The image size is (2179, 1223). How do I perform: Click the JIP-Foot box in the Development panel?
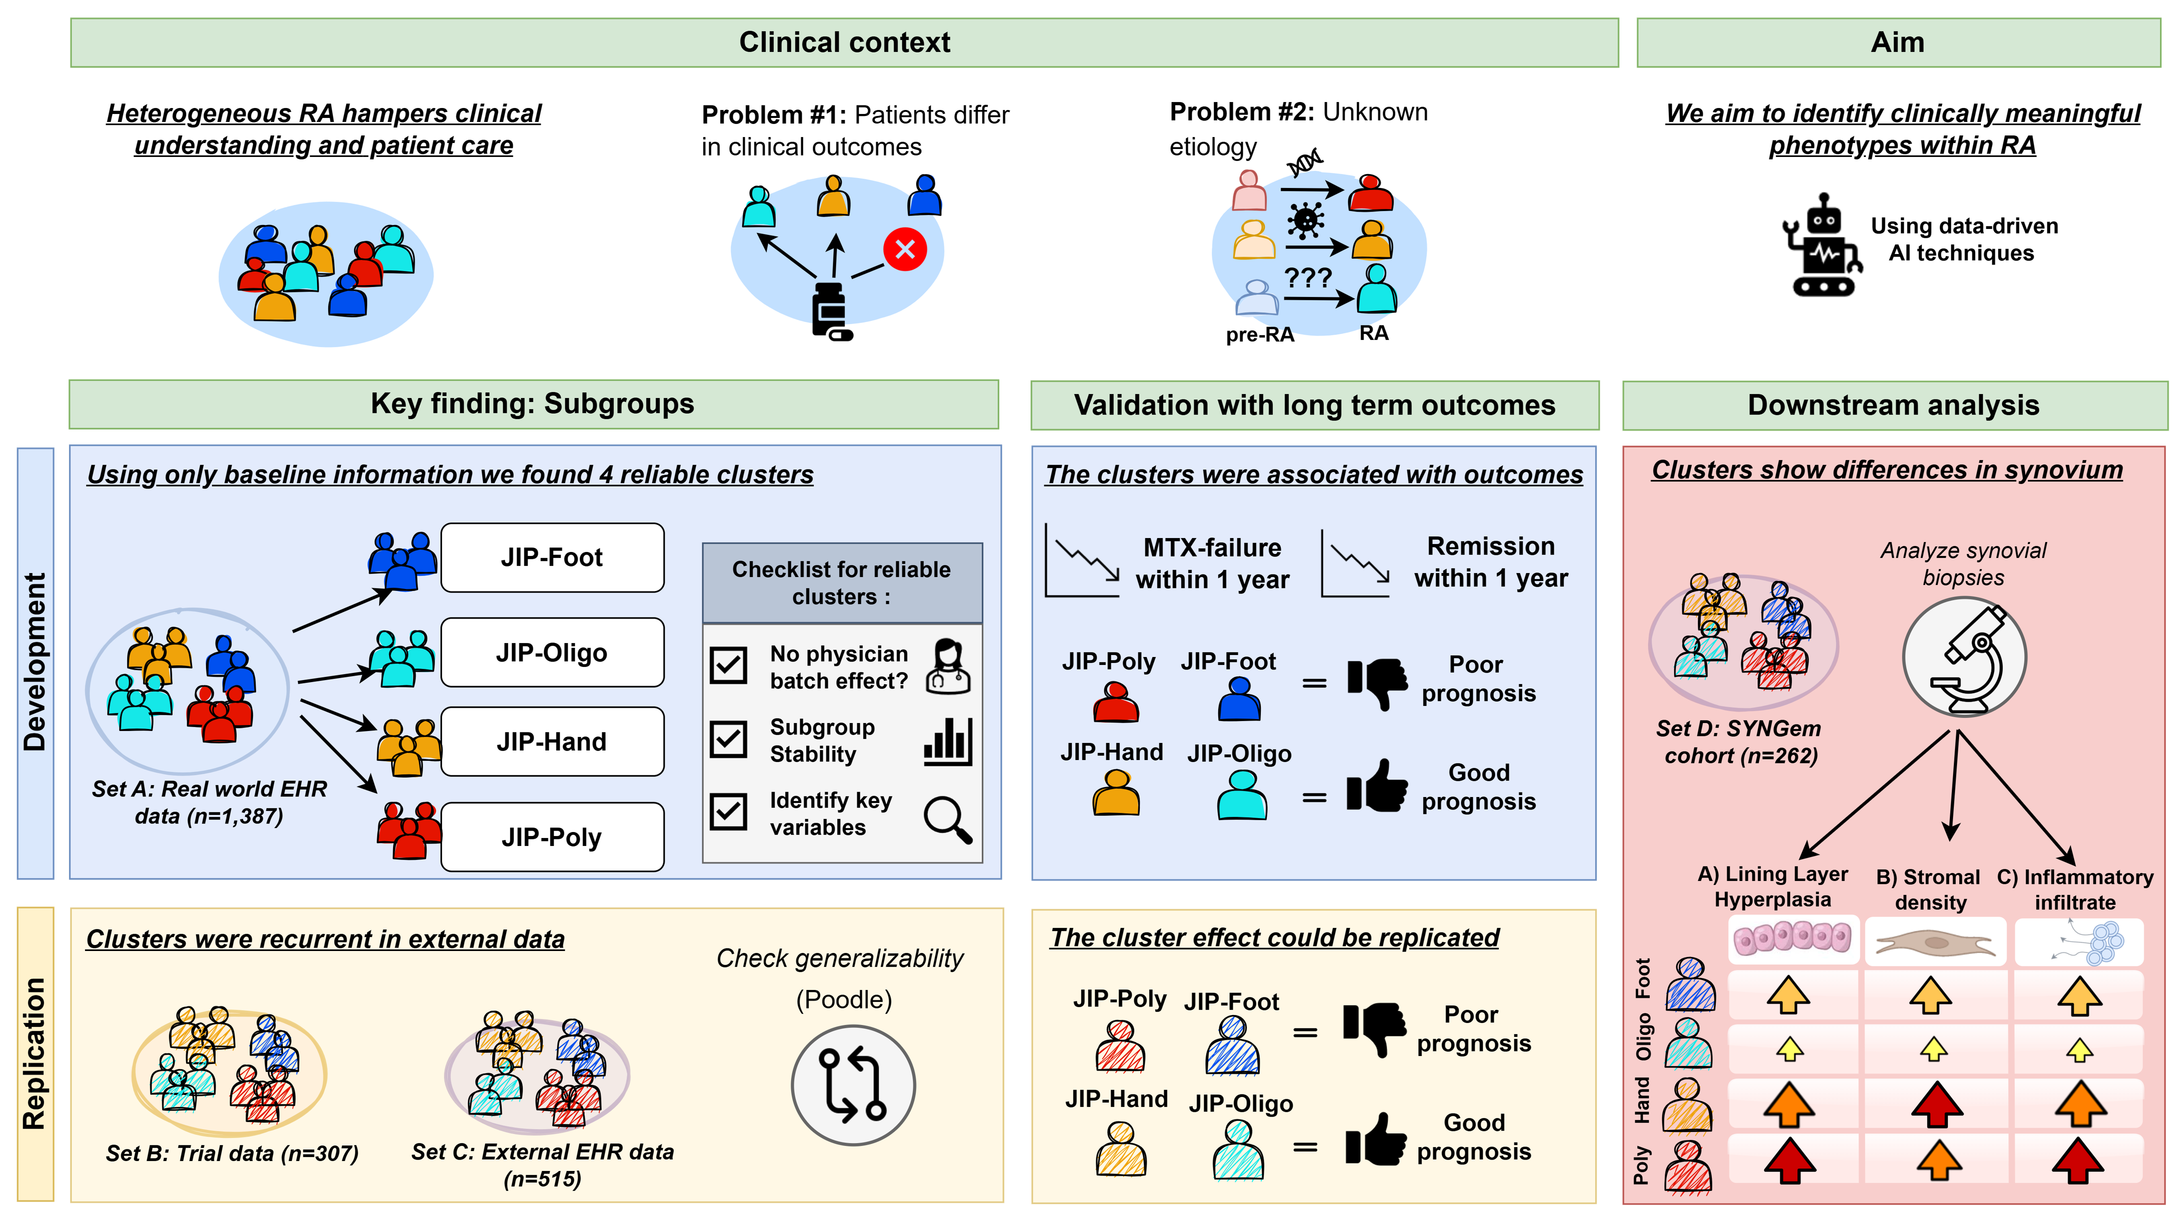(x=552, y=557)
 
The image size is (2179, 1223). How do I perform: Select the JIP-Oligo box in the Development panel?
(x=552, y=652)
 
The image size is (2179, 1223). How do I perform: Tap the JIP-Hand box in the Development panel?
(x=552, y=742)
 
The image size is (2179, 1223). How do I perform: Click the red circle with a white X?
(x=904, y=249)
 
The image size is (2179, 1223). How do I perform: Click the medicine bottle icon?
(x=831, y=311)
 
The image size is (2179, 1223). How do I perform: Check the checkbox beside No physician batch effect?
(x=728, y=665)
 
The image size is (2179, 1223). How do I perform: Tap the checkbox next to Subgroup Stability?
(x=728, y=738)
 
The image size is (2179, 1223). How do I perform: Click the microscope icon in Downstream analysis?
(x=1964, y=657)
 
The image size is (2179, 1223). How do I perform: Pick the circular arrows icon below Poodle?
(x=853, y=1084)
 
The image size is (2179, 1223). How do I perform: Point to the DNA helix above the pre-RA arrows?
(x=1305, y=162)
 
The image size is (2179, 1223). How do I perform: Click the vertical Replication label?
(x=35, y=1054)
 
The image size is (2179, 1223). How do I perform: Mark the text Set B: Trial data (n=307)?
(x=232, y=1153)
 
